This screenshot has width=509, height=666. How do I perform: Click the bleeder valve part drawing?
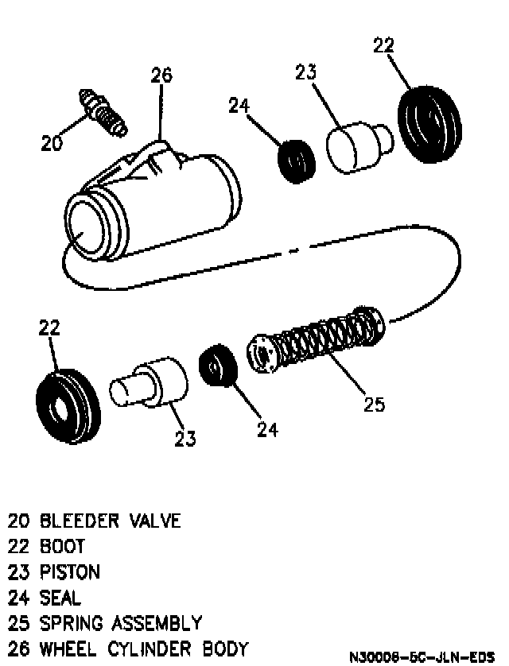click(x=103, y=112)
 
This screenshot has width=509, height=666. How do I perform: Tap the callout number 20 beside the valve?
click(x=52, y=143)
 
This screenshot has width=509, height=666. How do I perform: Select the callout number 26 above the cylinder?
click(x=161, y=76)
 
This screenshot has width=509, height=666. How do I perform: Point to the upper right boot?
click(x=429, y=122)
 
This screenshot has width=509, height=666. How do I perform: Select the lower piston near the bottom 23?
click(x=151, y=385)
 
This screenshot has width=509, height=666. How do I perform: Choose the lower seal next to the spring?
click(x=216, y=366)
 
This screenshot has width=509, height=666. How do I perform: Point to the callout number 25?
click(x=373, y=405)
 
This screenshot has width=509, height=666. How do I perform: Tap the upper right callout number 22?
click(x=383, y=45)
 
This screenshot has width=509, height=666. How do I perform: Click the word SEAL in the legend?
click(x=60, y=597)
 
